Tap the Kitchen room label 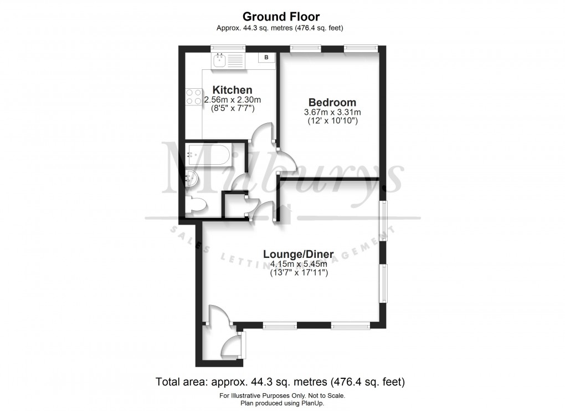pyautogui.click(x=233, y=90)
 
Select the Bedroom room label pyautogui.click(x=332, y=103)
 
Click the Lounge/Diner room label pyautogui.click(x=298, y=255)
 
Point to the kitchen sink pyautogui.click(x=220, y=60)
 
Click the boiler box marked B pyautogui.click(x=266, y=57)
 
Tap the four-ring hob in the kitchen pyautogui.click(x=193, y=97)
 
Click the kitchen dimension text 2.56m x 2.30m pyautogui.click(x=232, y=100)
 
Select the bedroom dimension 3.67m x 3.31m pyautogui.click(x=332, y=113)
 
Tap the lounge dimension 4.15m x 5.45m pyautogui.click(x=298, y=264)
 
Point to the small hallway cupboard pyautogui.click(x=233, y=205)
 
